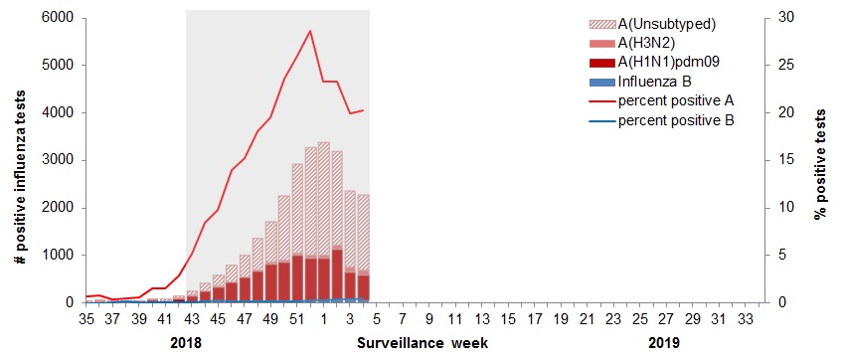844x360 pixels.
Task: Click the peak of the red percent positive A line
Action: tap(310, 31)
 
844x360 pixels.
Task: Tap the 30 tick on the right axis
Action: tap(785, 18)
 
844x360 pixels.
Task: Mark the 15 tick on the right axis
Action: tap(785, 160)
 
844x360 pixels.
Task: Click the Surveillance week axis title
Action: tap(422, 343)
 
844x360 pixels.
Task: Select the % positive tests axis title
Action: tap(821, 161)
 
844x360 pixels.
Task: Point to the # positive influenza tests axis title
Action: tap(19, 161)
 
